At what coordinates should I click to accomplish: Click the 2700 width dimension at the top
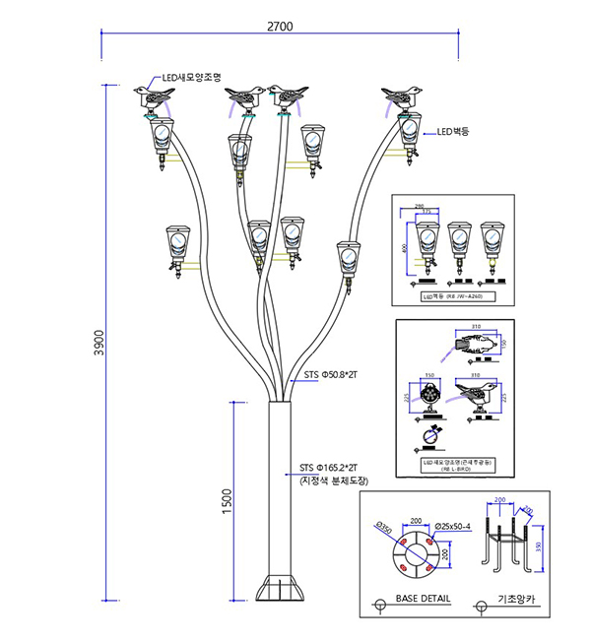coord(280,27)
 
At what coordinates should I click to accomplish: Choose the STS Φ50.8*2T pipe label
coord(331,375)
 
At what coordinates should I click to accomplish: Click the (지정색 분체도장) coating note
coord(332,481)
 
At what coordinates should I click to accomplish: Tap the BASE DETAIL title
coord(422,599)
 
